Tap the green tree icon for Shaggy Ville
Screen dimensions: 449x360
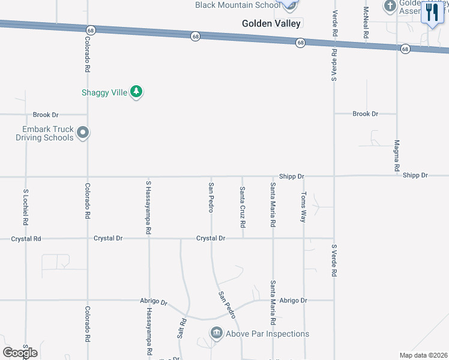click(137, 92)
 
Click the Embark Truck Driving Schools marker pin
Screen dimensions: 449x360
click(83, 133)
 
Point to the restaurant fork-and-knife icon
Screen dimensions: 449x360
click(432, 13)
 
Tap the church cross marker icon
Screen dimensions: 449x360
click(390, 6)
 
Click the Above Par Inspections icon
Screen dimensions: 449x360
click(216, 333)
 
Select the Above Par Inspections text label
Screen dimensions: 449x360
click(267, 334)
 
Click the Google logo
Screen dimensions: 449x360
click(20, 352)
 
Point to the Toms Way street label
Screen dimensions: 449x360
click(304, 207)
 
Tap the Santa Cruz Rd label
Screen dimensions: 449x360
click(243, 207)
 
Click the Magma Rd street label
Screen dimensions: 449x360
click(397, 155)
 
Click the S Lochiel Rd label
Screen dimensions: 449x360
click(26, 207)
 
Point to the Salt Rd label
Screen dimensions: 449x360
click(181, 328)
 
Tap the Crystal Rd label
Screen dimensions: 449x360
click(26, 239)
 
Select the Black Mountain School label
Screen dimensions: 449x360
click(238, 5)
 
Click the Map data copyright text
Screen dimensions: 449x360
click(424, 355)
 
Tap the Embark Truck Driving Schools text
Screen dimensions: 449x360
click(44, 133)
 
